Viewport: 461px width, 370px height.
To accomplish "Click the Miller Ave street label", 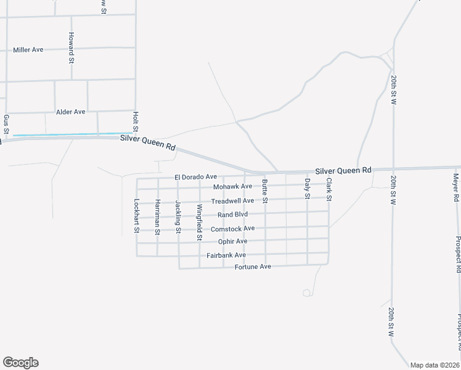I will pos(28,49).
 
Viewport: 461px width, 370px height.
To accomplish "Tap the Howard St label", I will pos(71,48).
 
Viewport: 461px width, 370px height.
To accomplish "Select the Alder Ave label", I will pos(71,112).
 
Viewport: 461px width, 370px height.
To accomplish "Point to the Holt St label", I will pos(135,121).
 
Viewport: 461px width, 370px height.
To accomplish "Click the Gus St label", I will pos(6,124).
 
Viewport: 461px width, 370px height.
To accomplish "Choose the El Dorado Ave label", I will pos(196,177).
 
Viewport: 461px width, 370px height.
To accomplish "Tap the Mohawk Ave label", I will pos(233,186).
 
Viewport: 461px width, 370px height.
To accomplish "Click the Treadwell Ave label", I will pos(232,201).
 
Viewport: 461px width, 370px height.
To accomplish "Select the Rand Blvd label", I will pos(232,215).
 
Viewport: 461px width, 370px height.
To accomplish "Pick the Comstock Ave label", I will pos(232,229).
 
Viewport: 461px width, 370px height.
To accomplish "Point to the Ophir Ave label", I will pos(233,241).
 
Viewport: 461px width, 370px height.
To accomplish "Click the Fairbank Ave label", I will pos(226,255).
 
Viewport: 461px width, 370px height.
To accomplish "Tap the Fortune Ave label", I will pos(253,267).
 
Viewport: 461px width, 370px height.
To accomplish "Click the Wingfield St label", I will pos(199,222).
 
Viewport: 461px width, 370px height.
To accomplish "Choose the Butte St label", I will pos(265,191).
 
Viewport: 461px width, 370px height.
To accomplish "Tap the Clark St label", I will pos(329,189).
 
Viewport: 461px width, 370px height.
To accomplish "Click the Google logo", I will pos(20,363).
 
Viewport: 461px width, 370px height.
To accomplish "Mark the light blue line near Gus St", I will pos(68,134).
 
